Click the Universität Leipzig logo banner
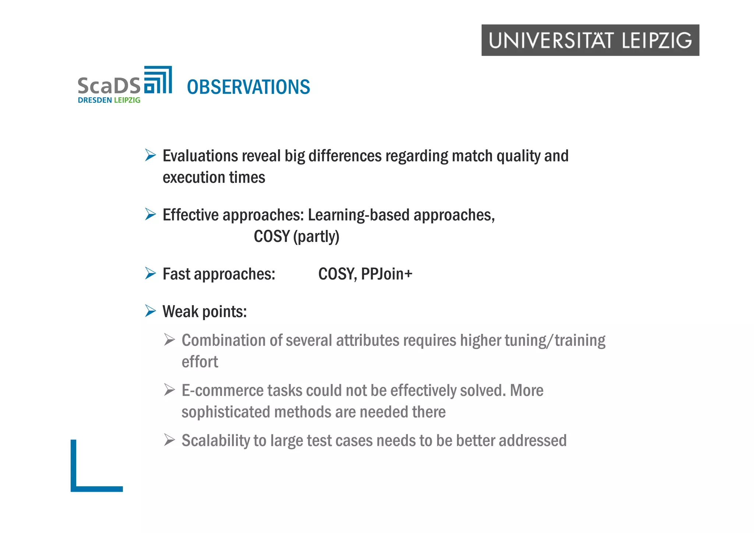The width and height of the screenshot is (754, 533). pos(590,40)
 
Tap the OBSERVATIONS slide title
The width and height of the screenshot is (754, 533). pos(249,87)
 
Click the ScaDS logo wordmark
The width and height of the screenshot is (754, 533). pos(109,85)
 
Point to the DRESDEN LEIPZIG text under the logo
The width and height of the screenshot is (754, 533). pos(109,100)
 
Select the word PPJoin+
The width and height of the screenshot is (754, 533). pos(387,274)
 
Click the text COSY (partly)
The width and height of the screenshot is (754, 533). pos(296,236)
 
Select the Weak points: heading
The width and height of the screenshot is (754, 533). pos(205,312)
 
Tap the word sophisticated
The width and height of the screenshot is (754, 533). pos(226,412)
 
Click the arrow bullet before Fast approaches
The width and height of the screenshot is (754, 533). pos(150,273)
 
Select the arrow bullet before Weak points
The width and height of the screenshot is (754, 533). pos(150,311)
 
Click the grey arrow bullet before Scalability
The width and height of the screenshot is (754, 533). pos(169,440)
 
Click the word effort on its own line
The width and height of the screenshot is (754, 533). pos(200,362)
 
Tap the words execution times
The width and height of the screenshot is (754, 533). pos(214,178)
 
